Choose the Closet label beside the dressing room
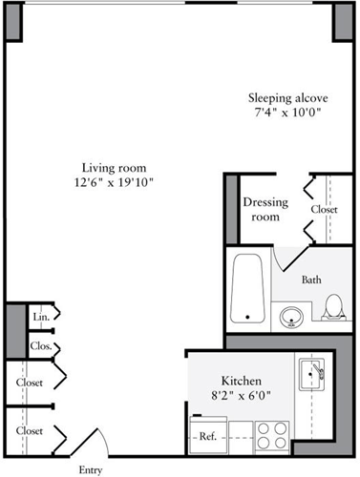325,209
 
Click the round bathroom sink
290,314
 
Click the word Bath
310,280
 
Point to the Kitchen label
242,379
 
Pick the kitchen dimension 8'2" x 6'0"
242,395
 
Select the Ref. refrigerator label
206,437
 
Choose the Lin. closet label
41,317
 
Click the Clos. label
41,346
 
